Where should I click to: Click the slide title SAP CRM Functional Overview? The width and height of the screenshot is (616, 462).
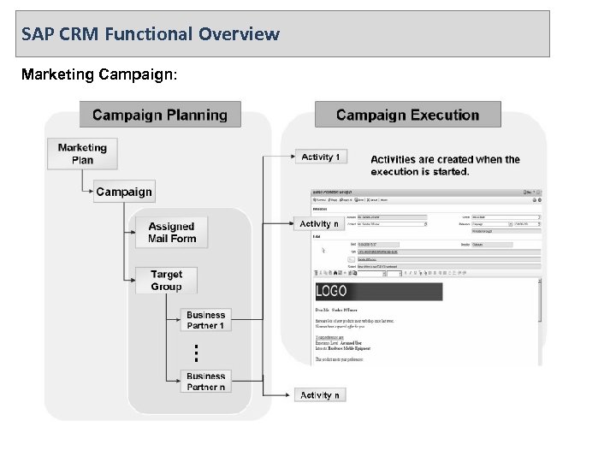(151, 35)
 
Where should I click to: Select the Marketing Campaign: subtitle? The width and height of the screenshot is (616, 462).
(99, 74)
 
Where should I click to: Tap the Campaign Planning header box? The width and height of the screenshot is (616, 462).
(160, 115)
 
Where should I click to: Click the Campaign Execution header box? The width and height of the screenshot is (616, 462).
(407, 115)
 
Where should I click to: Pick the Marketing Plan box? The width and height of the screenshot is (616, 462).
(82, 154)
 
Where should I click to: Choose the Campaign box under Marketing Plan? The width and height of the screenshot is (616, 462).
(124, 192)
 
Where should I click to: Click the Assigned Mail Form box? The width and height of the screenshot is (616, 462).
(171, 233)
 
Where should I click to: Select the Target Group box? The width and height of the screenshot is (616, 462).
(166, 281)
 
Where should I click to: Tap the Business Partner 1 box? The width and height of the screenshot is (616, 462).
(205, 320)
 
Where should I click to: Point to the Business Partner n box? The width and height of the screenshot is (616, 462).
(205, 382)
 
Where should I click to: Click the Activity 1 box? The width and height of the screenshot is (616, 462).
(322, 157)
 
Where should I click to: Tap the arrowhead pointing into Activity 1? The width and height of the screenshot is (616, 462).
(291, 157)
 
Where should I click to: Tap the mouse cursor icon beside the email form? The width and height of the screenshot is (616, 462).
(322, 252)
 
